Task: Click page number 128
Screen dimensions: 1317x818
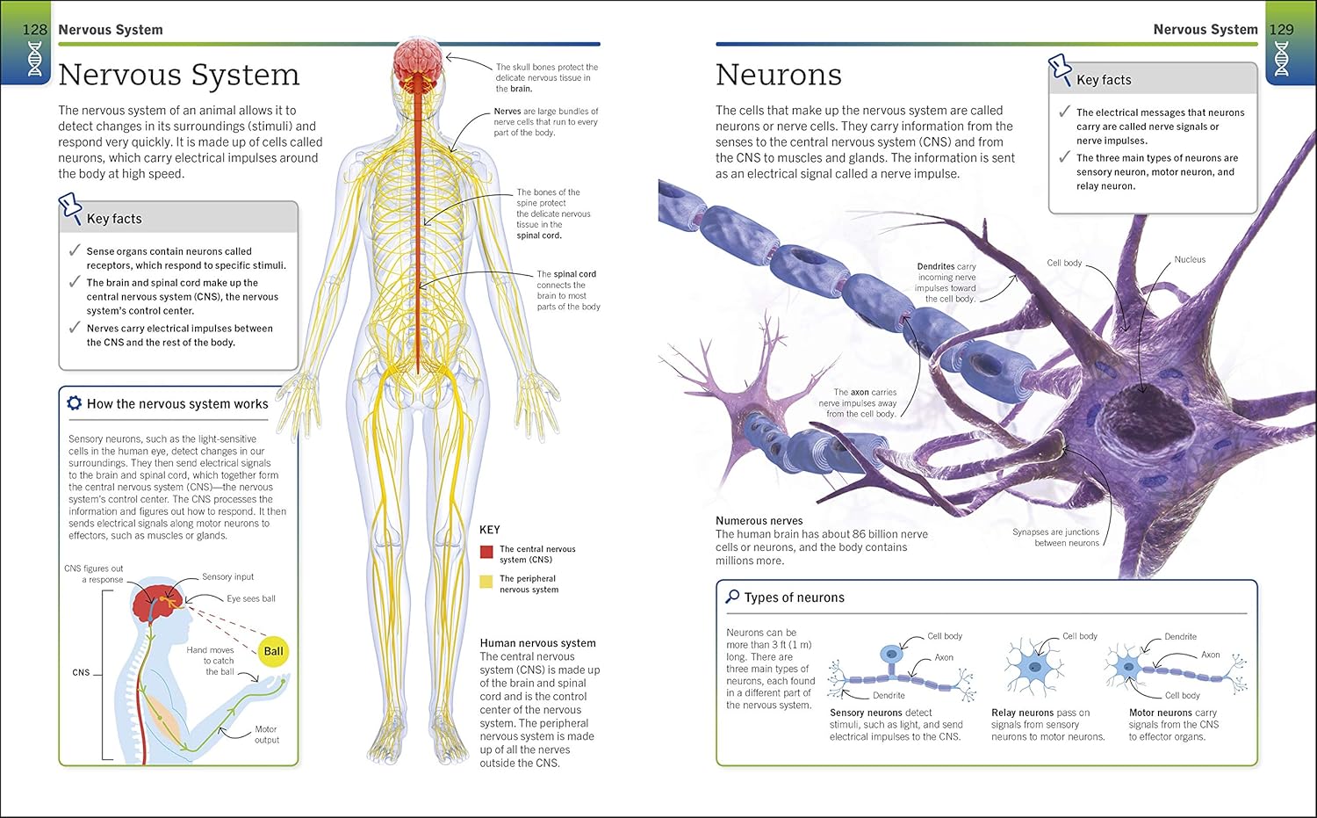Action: coord(34,29)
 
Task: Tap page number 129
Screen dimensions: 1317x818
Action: coord(1282,29)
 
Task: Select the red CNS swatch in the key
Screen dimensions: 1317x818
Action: coord(486,552)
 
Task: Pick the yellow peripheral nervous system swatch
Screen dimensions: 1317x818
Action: coord(486,582)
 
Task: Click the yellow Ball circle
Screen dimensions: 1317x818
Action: coord(273,651)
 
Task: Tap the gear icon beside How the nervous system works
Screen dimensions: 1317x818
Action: coord(74,403)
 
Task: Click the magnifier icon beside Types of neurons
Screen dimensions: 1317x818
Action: coord(732,597)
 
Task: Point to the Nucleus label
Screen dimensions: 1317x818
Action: coord(1190,259)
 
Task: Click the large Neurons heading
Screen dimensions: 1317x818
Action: coord(779,75)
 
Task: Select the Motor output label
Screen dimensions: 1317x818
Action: coord(266,735)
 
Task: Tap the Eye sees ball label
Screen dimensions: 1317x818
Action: coord(251,598)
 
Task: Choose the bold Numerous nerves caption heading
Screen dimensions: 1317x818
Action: coord(759,521)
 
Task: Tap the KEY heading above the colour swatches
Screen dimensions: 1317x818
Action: coord(490,530)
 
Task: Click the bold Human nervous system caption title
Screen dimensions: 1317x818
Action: coord(538,643)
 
